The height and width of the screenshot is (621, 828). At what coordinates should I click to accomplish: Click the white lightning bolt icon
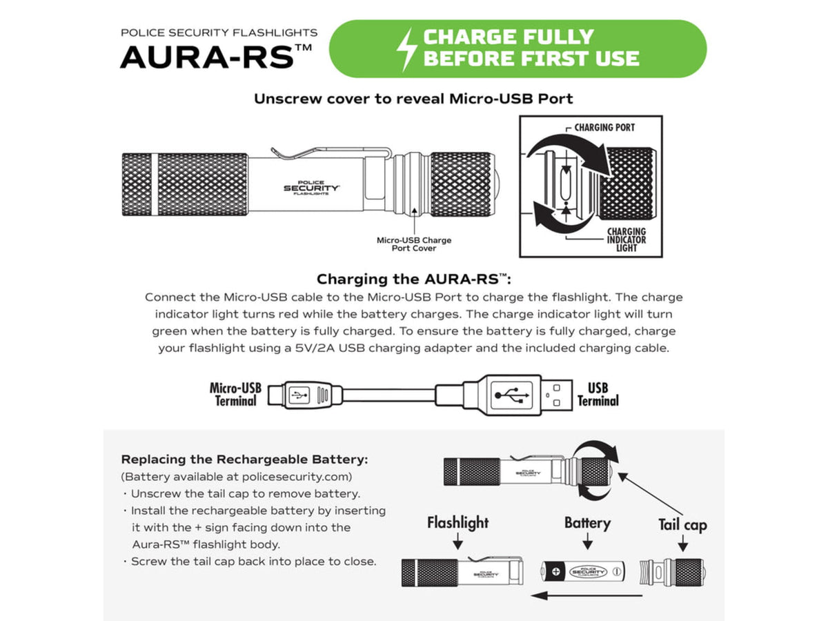(x=406, y=49)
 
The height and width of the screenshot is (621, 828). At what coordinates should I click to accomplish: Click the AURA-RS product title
(x=216, y=57)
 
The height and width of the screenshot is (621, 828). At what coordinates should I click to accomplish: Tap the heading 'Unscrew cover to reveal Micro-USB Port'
(x=413, y=99)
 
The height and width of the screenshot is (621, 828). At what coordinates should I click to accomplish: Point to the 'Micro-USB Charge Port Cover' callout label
(x=414, y=244)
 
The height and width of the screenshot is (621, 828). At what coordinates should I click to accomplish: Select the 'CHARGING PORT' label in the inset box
(x=604, y=128)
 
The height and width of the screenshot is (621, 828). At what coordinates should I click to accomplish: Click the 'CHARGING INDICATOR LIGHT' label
(x=627, y=239)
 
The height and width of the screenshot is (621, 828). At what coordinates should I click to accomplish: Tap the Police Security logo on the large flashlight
(x=311, y=188)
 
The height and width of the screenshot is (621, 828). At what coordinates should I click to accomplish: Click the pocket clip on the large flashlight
(x=331, y=152)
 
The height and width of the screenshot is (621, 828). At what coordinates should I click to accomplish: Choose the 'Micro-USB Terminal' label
(x=235, y=395)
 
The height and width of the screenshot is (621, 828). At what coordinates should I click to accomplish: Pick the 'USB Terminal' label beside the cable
(x=598, y=395)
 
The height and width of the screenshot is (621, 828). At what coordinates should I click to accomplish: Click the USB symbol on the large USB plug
(x=512, y=395)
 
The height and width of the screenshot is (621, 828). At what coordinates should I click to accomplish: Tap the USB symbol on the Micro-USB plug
(x=299, y=395)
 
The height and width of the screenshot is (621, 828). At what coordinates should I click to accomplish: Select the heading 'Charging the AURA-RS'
(x=414, y=279)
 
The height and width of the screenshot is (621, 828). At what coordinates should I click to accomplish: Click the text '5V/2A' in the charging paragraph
(x=315, y=348)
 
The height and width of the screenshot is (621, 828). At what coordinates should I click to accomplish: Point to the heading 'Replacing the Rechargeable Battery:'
(x=244, y=460)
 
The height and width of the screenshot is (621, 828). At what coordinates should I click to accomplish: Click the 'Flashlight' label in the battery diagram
(x=457, y=522)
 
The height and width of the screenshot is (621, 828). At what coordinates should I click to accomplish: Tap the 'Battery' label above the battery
(x=587, y=523)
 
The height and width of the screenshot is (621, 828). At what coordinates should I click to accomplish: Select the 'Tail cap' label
(x=682, y=525)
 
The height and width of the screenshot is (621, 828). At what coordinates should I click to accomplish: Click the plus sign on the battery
(x=556, y=571)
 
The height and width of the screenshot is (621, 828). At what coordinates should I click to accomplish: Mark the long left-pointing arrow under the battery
(x=586, y=595)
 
